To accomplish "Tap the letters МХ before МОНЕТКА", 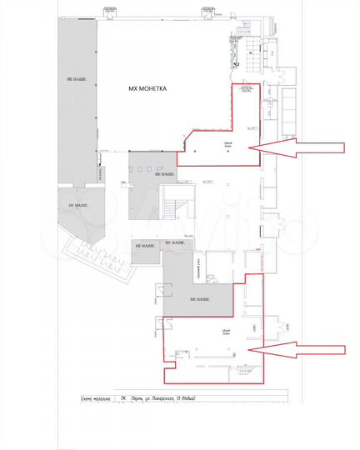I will (x=131, y=87).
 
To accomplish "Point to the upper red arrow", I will (x=297, y=148).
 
